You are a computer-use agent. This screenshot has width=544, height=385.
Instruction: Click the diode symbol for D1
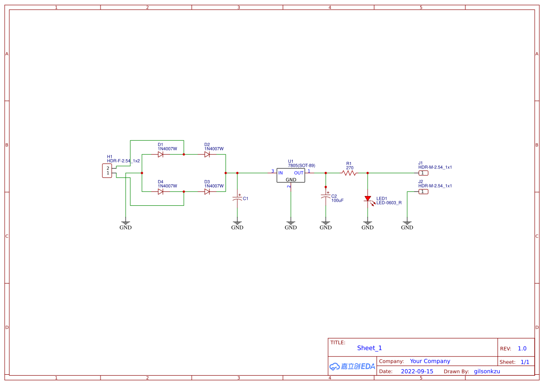point(161,154)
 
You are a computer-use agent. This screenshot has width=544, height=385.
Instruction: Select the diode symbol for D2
point(207,154)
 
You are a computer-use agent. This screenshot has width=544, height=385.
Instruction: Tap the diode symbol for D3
point(207,191)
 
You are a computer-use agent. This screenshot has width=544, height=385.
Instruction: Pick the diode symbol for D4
point(161,191)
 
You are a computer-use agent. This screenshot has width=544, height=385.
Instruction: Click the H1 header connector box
point(107,171)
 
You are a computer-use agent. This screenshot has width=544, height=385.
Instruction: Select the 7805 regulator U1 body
point(291,176)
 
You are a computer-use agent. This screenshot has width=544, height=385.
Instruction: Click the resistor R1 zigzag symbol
point(349,173)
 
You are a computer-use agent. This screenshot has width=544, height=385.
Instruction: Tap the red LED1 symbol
point(368,199)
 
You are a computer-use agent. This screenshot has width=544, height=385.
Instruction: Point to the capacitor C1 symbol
point(237,198)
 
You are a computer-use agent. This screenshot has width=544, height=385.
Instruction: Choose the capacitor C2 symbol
point(326,197)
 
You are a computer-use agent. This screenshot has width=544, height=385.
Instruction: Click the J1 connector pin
point(423,173)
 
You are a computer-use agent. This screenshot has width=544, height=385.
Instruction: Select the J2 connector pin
point(423,191)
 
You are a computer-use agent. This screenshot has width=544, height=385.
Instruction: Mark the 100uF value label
point(337,201)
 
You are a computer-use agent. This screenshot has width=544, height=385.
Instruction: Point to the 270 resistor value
point(350,168)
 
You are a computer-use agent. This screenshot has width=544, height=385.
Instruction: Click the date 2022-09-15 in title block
point(417,371)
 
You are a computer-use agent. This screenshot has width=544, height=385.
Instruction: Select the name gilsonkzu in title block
point(487,371)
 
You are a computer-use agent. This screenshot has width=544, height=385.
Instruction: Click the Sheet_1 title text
point(369,348)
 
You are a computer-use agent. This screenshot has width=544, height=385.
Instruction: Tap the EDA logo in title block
point(352,366)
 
